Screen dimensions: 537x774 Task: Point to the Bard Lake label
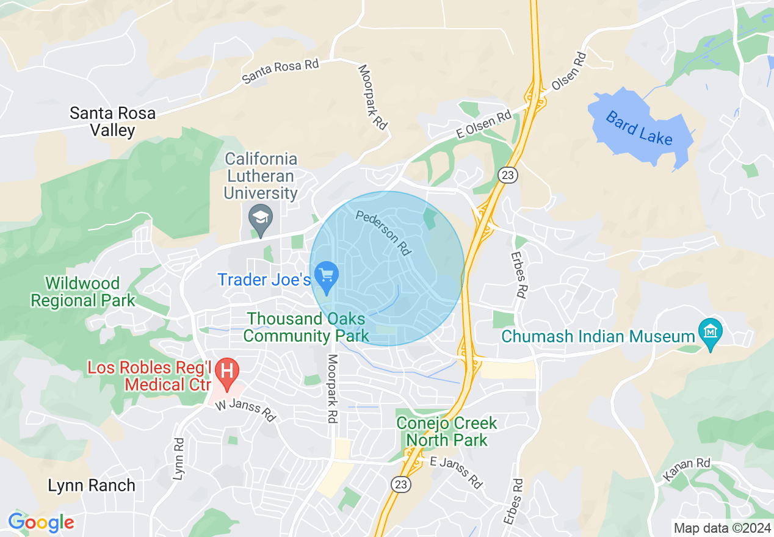[639, 128]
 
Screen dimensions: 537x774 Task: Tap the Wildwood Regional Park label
[83, 292]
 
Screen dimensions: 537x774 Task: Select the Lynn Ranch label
[92, 486]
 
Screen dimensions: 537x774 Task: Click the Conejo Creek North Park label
[447, 431]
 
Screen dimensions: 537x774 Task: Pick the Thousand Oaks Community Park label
[306, 327]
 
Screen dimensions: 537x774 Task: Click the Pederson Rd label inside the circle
[383, 232]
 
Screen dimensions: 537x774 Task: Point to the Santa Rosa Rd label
[281, 71]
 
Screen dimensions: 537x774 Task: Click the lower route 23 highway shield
[401, 483]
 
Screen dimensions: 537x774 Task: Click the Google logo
[41, 522]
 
